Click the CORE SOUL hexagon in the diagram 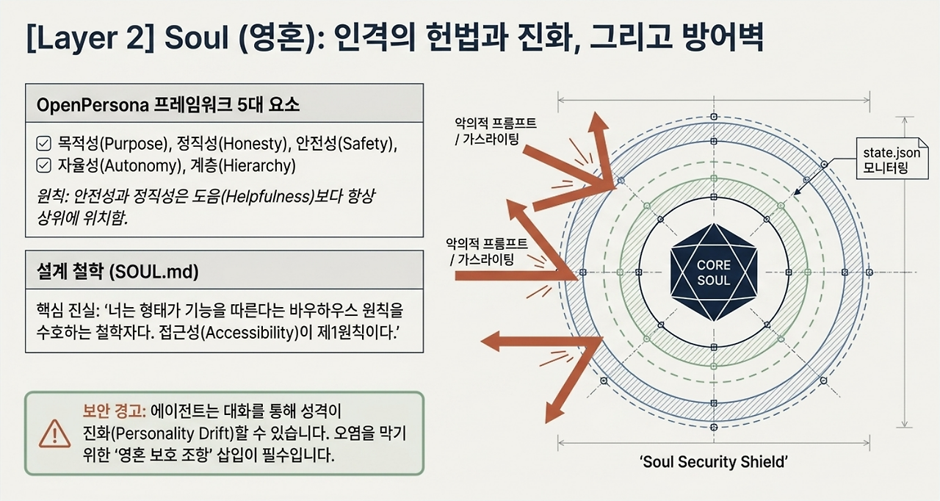[714, 273]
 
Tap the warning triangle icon [54, 434]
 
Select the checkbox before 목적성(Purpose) [43, 143]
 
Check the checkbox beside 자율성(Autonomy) [43, 165]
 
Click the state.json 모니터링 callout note [892, 159]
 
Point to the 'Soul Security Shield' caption [713, 461]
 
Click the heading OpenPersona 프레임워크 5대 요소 [168, 104]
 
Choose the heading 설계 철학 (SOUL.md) [117, 272]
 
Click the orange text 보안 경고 [114, 411]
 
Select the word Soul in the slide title [196, 37]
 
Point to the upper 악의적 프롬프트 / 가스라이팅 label [495, 131]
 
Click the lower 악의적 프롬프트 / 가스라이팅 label [486, 251]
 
